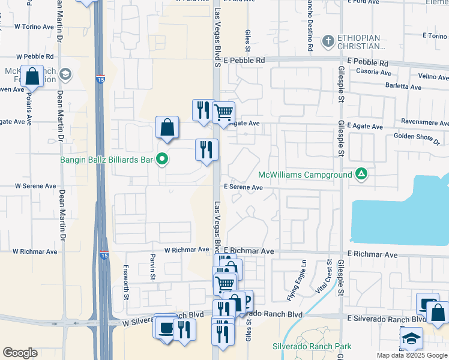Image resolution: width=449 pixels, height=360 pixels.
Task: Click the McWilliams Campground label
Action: (x=304, y=175)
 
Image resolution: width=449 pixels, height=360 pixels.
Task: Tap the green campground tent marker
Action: (x=361, y=174)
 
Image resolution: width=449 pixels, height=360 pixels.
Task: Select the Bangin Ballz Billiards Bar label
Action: (x=106, y=160)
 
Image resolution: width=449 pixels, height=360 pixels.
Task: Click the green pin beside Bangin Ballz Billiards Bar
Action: (x=161, y=159)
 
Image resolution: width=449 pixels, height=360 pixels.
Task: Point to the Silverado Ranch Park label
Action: (x=303, y=347)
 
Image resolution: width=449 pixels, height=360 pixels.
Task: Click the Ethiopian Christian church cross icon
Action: (x=328, y=41)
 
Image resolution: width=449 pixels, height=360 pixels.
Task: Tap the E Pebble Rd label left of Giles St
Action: (x=244, y=61)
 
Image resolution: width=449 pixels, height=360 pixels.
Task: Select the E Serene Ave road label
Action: (x=243, y=187)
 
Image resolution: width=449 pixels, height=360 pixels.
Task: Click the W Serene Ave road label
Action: (x=35, y=186)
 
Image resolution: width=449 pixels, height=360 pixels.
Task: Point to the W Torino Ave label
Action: (x=34, y=27)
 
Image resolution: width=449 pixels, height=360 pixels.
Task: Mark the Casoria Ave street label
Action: (x=373, y=72)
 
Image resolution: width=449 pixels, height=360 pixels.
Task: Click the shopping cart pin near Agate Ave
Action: (x=223, y=112)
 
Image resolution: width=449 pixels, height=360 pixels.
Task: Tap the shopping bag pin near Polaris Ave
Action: (x=32, y=77)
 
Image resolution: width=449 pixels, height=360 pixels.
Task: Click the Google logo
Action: (x=20, y=353)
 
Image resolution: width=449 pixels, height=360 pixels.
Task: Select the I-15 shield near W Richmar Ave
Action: (x=104, y=255)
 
